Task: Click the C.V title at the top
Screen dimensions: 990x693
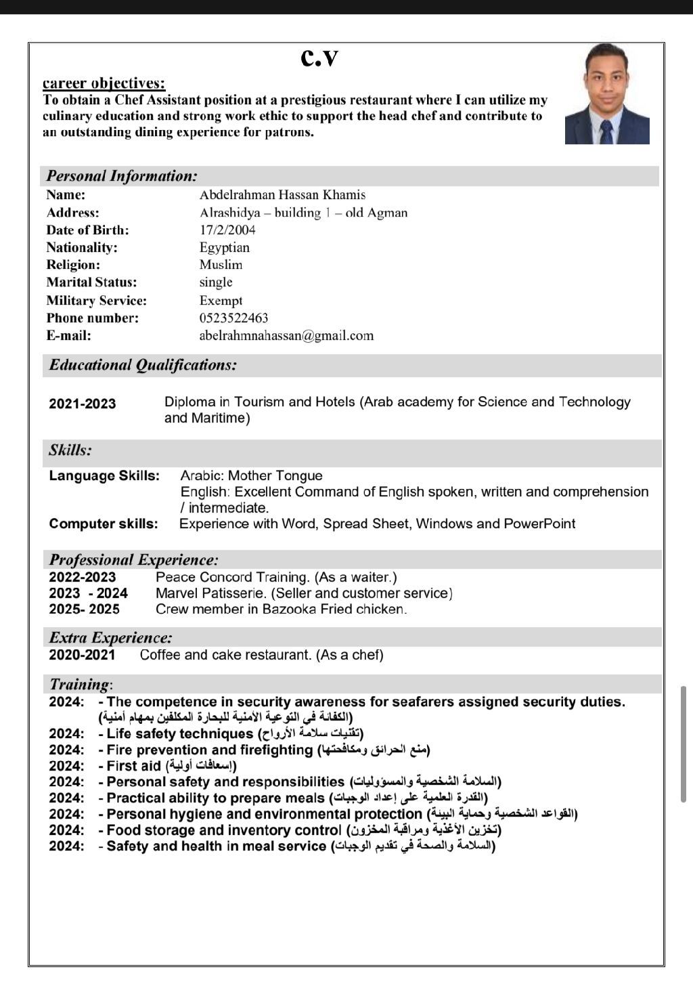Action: tap(319, 58)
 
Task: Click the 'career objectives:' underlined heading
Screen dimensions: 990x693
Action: tap(104, 83)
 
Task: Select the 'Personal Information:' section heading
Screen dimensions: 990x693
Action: tap(122, 176)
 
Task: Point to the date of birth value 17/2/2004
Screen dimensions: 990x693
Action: tap(227, 230)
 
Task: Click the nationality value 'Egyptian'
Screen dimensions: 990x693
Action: tap(225, 248)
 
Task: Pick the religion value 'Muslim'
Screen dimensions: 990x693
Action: tap(221, 265)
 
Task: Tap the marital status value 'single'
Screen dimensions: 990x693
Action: tap(216, 282)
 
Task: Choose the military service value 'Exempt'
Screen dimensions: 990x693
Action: tap(221, 301)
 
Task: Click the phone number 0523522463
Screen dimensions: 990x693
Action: tap(233, 318)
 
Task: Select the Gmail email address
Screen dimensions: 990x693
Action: tap(286, 336)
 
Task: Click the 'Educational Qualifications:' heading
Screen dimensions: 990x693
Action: tap(143, 365)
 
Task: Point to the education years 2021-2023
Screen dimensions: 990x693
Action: tap(82, 404)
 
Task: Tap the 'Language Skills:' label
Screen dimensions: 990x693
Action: tap(104, 476)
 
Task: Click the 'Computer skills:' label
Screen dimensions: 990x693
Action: tap(103, 524)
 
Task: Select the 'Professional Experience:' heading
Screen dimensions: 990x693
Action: tap(133, 560)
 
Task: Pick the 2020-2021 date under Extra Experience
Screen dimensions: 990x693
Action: tap(82, 655)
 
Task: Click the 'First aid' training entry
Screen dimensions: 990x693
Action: tap(133, 767)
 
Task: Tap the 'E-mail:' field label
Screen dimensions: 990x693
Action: tap(68, 336)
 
